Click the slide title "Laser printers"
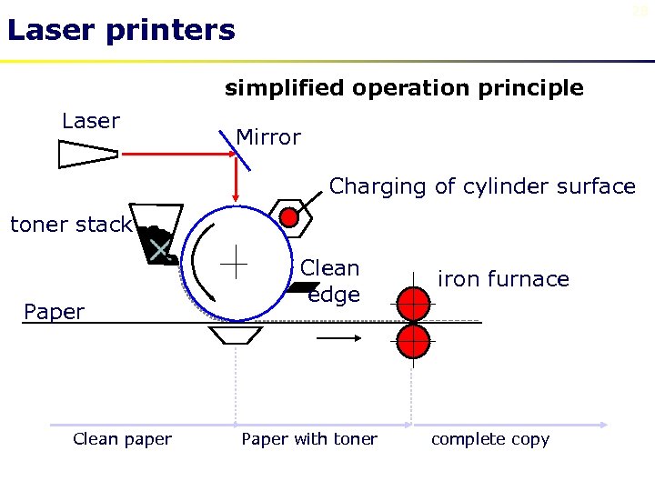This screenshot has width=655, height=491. point(121,31)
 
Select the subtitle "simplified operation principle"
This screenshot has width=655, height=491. point(404,88)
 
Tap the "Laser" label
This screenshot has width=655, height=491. point(91,122)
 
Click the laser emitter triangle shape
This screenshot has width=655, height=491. point(87,155)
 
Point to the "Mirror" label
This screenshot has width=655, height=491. point(268,137)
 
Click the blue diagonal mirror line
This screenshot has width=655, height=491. point(237,150)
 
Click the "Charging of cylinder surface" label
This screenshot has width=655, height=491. point(482,186)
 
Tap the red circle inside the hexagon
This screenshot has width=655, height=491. point(288,217)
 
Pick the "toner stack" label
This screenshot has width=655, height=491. point(71,225)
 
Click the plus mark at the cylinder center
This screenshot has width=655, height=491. point(236,261)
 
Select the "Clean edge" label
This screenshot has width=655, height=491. point(330,281)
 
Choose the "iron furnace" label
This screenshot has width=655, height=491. point(503,279)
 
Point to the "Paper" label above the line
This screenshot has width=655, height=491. point(55,312)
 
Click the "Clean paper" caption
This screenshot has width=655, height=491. point(122,439)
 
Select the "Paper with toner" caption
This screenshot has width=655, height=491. point(309,439)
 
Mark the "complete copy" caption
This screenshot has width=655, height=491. point(490,439)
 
